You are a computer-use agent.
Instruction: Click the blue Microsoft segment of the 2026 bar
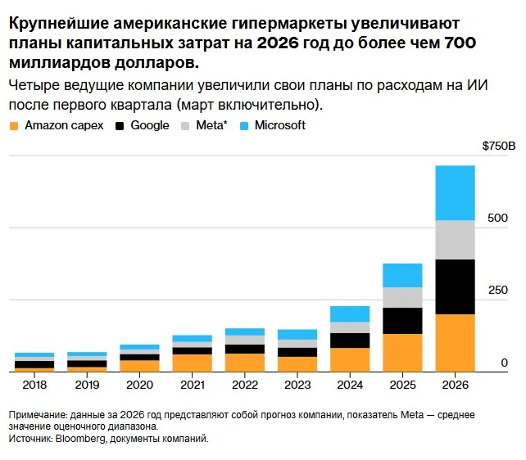pos(455,193)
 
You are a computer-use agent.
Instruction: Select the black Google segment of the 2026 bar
pos(455,286)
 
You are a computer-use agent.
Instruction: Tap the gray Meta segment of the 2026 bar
pos(455,240)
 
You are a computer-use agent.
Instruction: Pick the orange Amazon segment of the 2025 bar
pos(402,353)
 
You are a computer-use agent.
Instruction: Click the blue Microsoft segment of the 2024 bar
pos(350,314)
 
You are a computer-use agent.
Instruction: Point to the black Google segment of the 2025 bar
pos(402,321)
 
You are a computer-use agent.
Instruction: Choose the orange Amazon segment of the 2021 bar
pos(193,363)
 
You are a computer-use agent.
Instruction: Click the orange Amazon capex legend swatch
pos(14,126)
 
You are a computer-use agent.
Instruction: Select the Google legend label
pos(150,125)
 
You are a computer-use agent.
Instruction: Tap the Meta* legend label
pos(211,125)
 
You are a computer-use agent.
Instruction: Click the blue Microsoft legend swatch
pos(244,126)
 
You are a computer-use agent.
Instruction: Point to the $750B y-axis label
pos(498,146)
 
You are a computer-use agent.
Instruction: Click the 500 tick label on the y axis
pos(497,218)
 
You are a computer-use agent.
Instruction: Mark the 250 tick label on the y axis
pos(498,290)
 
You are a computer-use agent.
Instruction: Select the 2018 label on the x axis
pos(34,385)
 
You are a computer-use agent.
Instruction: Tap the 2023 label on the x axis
pos(297,385)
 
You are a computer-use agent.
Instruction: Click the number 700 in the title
pos(460,43)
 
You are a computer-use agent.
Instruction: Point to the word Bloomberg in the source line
pos(80,439)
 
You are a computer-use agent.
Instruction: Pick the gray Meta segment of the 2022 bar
pos(245,340)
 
